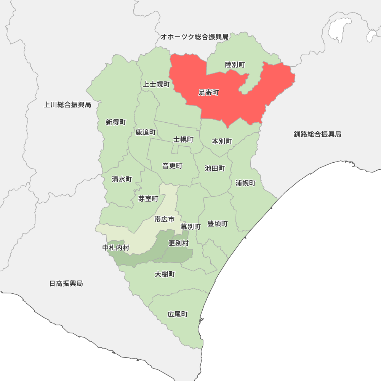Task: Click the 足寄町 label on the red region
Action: point(209,93)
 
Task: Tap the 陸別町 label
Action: point(235,65)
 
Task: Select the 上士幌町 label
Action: point(156,84)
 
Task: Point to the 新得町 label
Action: point(116,122)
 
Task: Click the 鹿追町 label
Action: point(146,132)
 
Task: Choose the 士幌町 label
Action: point(183,139)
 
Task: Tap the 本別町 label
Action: point(222,141)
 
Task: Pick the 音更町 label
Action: point(172,166)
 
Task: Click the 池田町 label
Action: point(215,168)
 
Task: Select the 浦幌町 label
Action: point(245,183)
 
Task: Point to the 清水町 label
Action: point(122,179)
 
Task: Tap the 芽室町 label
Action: point(148,199)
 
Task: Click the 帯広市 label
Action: point(164,219)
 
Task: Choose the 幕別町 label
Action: point(190,226)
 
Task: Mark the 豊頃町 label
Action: point(218,224)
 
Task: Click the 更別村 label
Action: point(178,243)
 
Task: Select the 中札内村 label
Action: point(116,248)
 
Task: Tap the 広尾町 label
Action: point(178,314)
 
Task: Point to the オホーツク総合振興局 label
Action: point(194,37)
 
